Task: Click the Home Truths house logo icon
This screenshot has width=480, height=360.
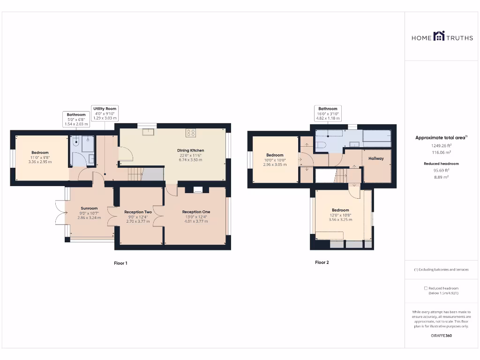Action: pos(439,36)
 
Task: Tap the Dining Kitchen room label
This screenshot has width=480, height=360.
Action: pos(190,150)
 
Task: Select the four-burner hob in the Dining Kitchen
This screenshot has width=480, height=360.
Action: pos(190,133)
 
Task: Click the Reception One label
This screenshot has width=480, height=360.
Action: pos(196,212)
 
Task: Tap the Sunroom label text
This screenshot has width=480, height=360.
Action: pos(89,209)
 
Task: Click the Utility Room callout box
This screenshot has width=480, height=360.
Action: pos(105,113)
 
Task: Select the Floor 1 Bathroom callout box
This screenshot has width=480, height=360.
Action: pos(76,119)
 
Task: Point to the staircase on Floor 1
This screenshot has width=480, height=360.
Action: pos(135,174)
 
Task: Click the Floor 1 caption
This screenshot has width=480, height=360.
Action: pos(120,263)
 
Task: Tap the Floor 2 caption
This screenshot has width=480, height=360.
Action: pos(322,262)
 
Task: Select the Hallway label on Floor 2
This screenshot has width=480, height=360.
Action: pos(376,158)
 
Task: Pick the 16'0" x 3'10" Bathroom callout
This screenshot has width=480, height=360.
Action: pos(328,113)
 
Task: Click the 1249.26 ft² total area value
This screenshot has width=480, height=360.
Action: pos(442,146)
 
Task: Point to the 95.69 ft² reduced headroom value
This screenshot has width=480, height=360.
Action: pos(442,171)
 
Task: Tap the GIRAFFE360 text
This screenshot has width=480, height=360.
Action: pos(441,336)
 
